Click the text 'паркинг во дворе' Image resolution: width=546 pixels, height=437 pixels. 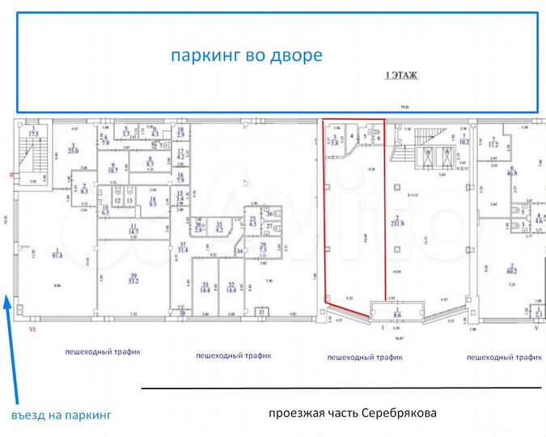[x=246, y=55]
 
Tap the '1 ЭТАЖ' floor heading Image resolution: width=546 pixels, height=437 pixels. [x=400, y=75]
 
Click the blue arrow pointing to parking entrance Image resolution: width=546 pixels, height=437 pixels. [x=8, y=348]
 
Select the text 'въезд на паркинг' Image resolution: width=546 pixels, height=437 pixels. [x=61, y=414]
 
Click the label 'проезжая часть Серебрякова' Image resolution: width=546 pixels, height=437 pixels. [x=352, y=413]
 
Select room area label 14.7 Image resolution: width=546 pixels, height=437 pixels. [x=133, y=230]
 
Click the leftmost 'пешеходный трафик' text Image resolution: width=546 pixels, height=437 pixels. [x=104, y=352]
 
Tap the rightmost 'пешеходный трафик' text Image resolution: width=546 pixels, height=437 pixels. [x=502, y=356]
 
